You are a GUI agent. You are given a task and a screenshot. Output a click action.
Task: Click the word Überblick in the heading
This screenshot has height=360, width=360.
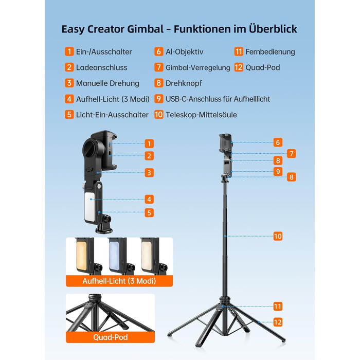273,29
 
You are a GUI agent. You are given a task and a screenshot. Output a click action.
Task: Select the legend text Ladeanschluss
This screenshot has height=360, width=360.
101,67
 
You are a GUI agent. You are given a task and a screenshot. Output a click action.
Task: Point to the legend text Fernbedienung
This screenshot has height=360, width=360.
270,52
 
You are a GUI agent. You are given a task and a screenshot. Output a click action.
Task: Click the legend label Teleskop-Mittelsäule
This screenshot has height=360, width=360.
202,115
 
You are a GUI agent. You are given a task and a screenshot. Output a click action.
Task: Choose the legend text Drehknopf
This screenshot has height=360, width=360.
184,83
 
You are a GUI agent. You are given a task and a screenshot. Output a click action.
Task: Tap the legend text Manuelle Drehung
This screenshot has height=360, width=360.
107,83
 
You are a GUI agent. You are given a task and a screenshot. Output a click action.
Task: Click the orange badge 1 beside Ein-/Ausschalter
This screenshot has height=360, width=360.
69,51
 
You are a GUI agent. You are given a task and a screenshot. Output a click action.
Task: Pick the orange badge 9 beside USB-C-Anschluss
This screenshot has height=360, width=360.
158,99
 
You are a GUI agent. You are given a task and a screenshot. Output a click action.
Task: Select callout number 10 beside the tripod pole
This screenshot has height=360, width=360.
278,236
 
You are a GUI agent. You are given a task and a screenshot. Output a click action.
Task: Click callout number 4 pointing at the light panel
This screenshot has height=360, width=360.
149,200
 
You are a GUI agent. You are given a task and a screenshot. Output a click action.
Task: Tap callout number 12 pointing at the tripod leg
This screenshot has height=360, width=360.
278,322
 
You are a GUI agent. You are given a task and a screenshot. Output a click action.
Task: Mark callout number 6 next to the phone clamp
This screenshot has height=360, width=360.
278,142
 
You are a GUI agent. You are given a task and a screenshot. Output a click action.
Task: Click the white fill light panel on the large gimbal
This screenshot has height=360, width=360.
89,207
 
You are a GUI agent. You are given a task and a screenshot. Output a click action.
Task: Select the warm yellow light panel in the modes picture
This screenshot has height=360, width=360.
81,256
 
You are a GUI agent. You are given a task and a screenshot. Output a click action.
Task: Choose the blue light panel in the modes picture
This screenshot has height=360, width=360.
114,256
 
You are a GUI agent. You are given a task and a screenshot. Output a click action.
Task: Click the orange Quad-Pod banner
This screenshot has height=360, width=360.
110,337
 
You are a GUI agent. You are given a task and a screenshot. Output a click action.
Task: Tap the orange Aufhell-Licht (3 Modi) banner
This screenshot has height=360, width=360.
119,281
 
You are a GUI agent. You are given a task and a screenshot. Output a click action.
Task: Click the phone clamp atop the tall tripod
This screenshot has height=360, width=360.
225,143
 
